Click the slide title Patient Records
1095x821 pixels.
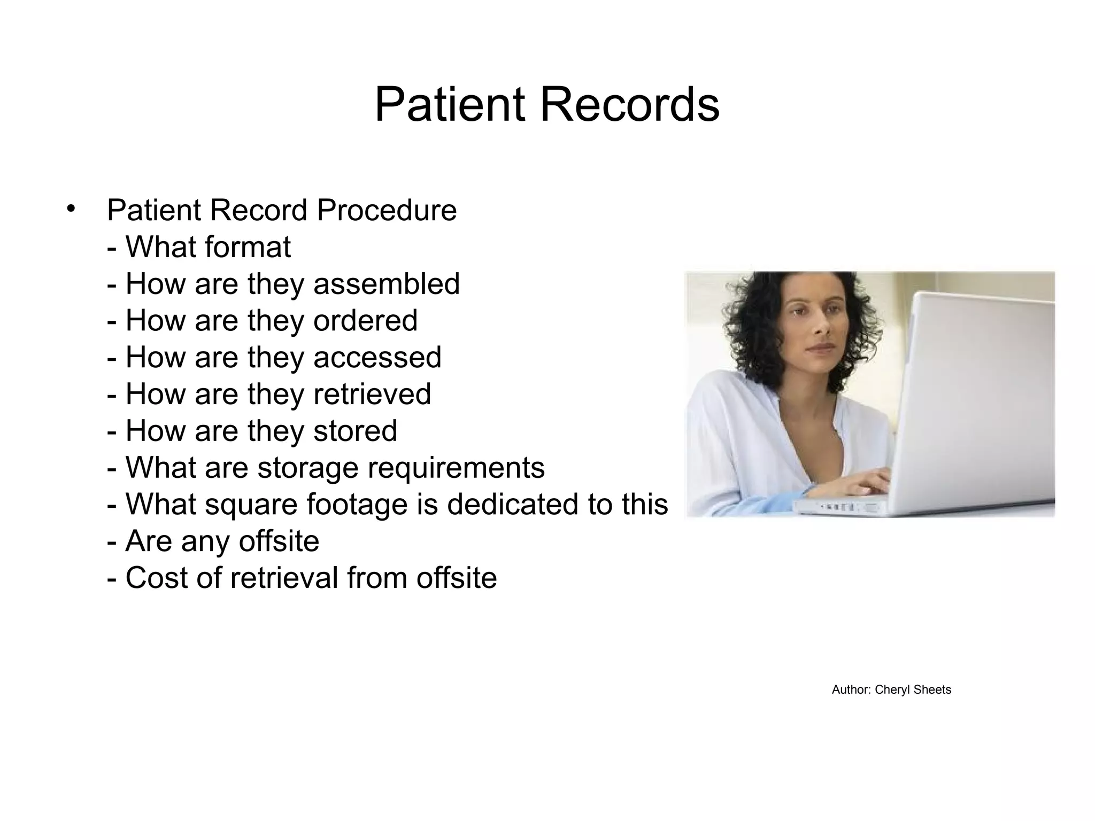[x=547, y=105]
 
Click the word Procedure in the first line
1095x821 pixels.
[x=387, y=210]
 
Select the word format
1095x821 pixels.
[x=248, y=247]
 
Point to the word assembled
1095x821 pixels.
[x=386, y=284]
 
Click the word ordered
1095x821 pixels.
[x=365, y=321]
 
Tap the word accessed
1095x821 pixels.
[x=377, y=357]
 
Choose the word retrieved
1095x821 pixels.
[x=372, y=394]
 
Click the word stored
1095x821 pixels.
[x=355, y=431]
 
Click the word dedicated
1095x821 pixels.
[x=513, y=504]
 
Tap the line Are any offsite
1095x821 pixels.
[x=213, y=541]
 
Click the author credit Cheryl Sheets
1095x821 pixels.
[x=913, y=690]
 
